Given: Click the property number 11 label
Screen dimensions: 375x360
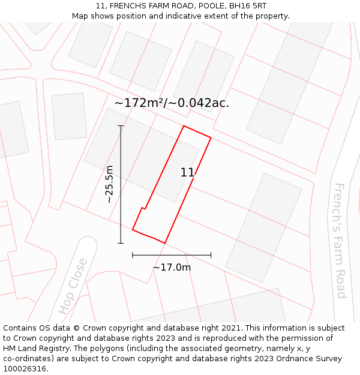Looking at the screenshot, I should [187, 173].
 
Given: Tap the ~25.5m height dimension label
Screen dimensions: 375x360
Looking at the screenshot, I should [109, 184].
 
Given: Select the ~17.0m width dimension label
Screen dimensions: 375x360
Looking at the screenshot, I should [172, 267].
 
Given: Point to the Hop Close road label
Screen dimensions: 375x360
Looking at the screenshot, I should [73, 286].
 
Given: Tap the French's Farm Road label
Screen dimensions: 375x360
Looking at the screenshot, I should [340, 241].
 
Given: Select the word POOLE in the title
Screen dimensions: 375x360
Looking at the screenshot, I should [197, 6].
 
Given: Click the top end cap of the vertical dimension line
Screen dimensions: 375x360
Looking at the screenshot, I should [121, 126].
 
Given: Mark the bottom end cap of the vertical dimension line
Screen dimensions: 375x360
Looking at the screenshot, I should [121, 243].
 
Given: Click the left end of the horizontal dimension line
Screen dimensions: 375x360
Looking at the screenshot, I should [133, 255].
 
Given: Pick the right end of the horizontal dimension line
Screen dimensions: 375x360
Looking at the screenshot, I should [211, 255].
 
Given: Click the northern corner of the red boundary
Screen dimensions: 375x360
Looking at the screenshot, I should [184, 126].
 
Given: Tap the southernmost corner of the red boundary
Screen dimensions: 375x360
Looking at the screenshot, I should [164, 243].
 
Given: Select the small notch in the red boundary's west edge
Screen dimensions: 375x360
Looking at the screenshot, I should [143, 209].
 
